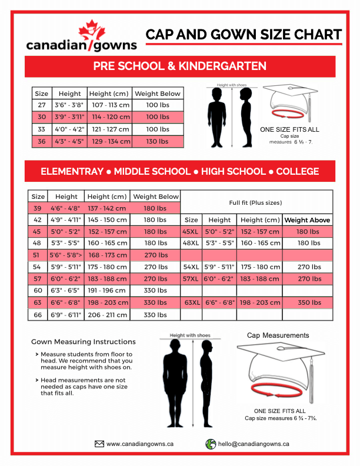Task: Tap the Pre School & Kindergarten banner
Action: [179, 66]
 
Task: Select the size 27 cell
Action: [42, 105]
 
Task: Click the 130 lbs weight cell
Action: [157, 141]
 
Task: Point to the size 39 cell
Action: [38, 208]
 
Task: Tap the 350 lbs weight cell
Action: [308, 302]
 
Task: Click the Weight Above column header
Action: [307, 220]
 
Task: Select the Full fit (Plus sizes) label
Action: [256, 202]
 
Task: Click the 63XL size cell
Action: [192, 302]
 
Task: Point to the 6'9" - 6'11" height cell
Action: [66, 314]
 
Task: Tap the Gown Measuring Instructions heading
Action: [83, 341]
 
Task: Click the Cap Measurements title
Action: [278, 335]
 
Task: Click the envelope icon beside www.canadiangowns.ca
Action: [99, 444]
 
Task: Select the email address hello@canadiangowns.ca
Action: [254, 444]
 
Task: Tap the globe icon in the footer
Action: [210, 444]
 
